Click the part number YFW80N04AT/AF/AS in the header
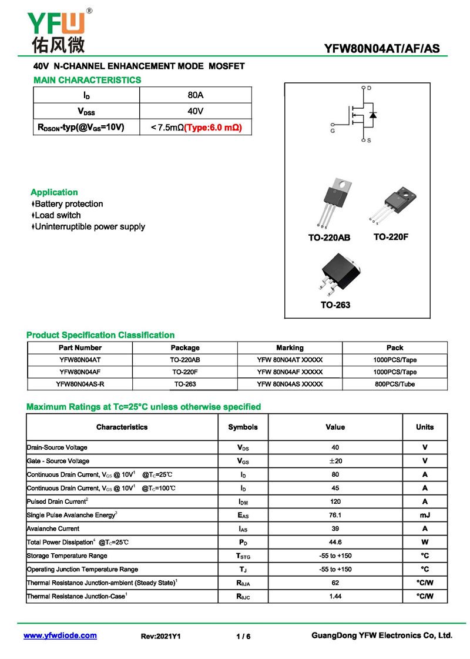coord(382,49)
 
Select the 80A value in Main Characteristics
coord(195,95)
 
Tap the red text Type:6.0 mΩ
coord(213,127)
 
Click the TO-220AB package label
coord(329,237)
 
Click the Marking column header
coord(290,347)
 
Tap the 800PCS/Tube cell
coord(395,384)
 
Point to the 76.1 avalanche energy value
coord(335,515)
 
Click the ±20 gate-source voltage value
coord(335,461)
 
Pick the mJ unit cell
coord(425,515)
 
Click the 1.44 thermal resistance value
coord(335,596)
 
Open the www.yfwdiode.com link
coord(60,635)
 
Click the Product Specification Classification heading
coord(100,335)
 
